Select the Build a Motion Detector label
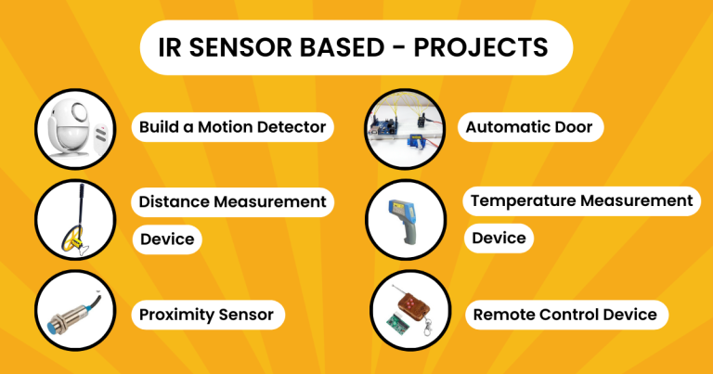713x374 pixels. [232, 127]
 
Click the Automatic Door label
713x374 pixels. [528, 127]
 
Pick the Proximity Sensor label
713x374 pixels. [206, 315]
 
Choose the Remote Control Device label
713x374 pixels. [564, 315]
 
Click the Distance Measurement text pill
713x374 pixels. [232, 201]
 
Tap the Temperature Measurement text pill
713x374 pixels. [581, 200]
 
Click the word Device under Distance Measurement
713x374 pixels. [167, 239]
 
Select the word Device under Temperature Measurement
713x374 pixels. [499, 239]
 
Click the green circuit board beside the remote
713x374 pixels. [391, 327]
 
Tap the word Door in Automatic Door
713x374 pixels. [572, 127]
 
